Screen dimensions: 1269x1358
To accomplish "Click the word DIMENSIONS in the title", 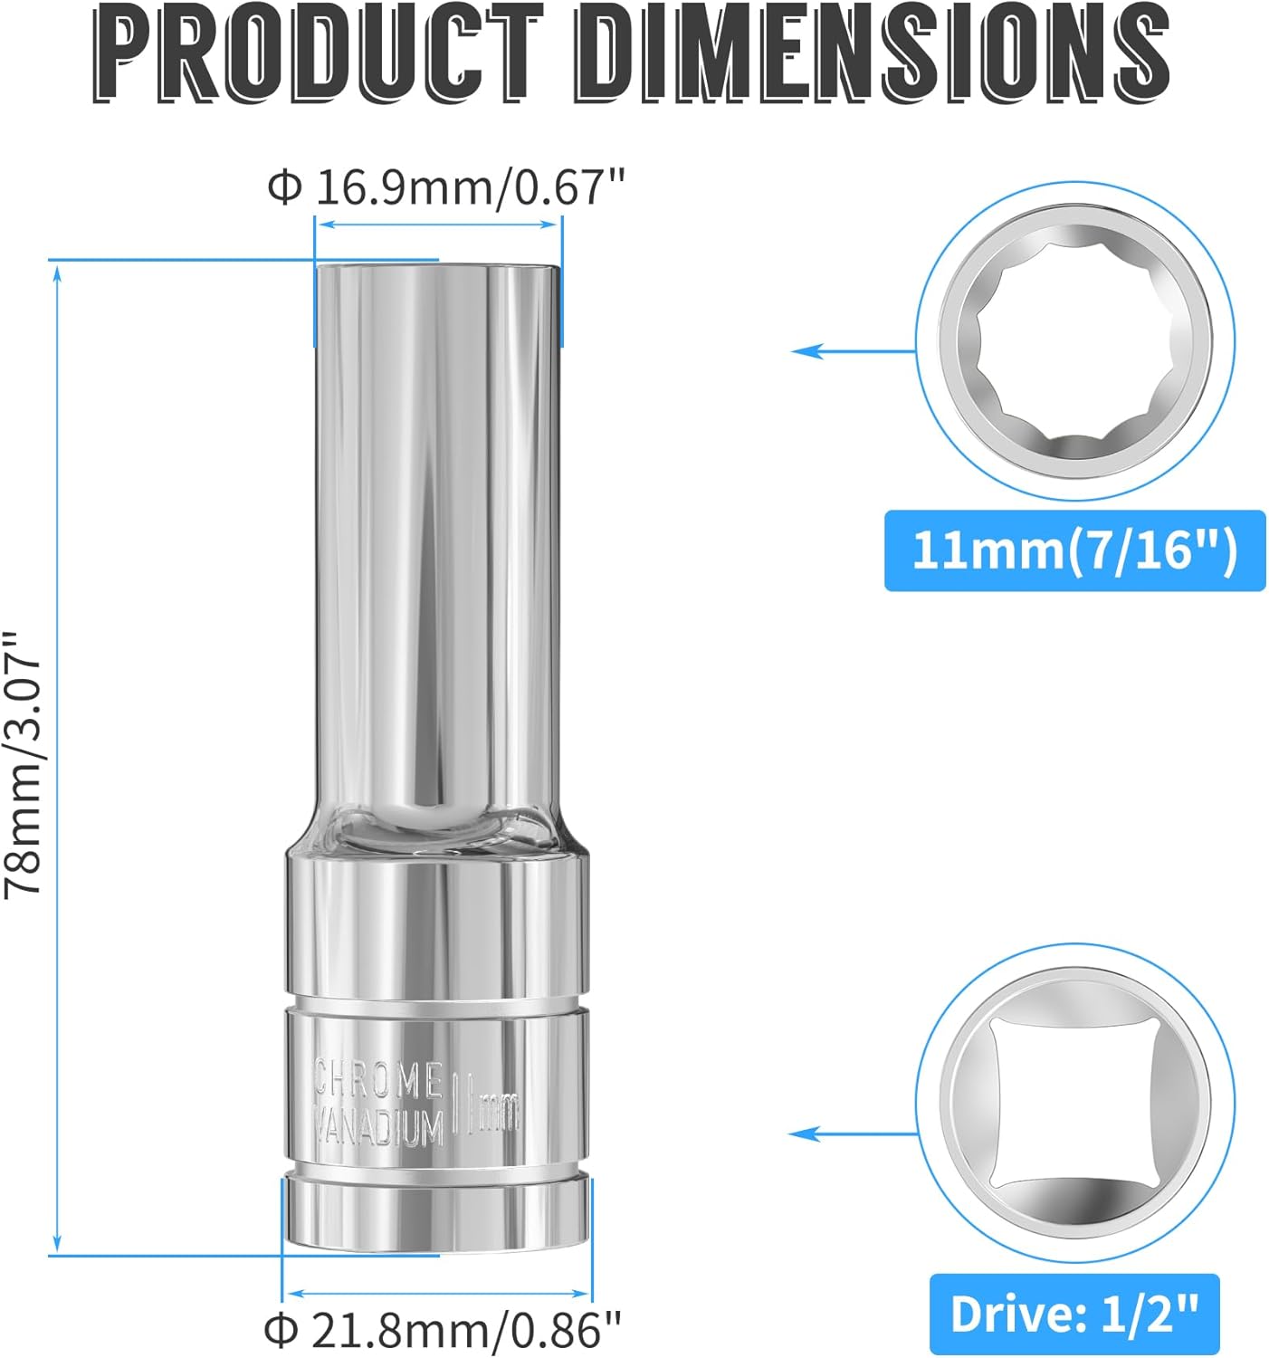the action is pyautogui.click(x=872, y=53).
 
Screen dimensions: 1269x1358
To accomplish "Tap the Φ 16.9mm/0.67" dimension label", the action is pyautogui.click(x=446, y=188).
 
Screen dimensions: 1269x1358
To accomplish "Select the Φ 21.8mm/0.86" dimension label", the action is pyautogui.click(x=443, y=1327).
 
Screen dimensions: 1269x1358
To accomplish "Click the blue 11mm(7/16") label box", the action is pyautogui.click(x=1074, y=550).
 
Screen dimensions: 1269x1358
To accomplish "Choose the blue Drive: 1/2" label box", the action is pyautogui.click(x=1074, y=1314).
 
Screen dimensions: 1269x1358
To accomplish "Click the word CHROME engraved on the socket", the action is pyautogui.click(x=378, y=1080).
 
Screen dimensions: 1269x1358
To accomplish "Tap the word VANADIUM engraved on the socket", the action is pyautogui.click(x=378, y=1125).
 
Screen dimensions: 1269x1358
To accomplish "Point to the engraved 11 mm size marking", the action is pyautogui.click(x=485, y=1104).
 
